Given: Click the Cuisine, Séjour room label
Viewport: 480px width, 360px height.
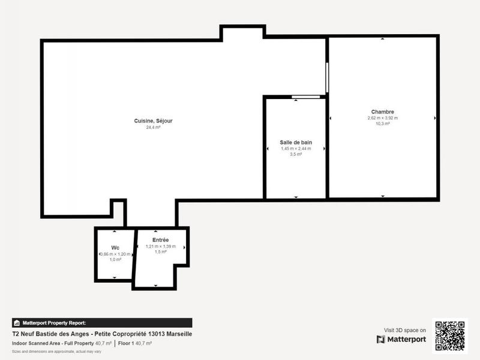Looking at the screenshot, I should (x=153, y=121).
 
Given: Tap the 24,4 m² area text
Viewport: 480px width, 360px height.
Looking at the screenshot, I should (x=153, y=127).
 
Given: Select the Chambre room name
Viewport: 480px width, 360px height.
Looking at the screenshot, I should (x=382, y=112).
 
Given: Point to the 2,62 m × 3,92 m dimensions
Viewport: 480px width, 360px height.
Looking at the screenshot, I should (x=382, y=118).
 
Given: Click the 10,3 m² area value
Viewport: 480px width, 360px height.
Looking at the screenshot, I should (x=382, y=124).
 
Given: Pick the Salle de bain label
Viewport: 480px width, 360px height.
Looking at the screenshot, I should (x=296, y=142).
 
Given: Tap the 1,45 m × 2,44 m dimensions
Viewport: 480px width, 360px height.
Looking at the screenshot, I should (x=296, y=148).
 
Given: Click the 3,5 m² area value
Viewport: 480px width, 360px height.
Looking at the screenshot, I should (x=296, y=154).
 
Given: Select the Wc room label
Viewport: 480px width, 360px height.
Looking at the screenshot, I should (x=115, y=248).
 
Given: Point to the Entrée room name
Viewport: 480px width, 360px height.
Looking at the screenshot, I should (x=160, y=240).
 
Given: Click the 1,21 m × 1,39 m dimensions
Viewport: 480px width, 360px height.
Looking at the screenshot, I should (x=160, y=246).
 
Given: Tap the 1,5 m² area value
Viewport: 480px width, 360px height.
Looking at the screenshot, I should (x=160, y=252).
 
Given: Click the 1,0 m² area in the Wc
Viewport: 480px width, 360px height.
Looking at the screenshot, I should (x=115, y=260).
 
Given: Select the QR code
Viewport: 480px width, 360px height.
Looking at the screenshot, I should (x=449, y=335).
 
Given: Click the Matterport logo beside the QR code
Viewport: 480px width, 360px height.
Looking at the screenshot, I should (x=401, y=340).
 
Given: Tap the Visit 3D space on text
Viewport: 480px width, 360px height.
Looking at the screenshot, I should (x=405, y=330).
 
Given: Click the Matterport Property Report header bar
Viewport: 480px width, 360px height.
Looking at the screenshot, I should (x=102, y=323).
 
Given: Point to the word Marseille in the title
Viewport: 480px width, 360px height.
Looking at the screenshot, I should (x=178, y=334).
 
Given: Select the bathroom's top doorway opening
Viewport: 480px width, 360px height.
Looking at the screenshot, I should (x=305, y=97).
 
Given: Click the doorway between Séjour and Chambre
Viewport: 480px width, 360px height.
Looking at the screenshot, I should (x=327, y=77).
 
